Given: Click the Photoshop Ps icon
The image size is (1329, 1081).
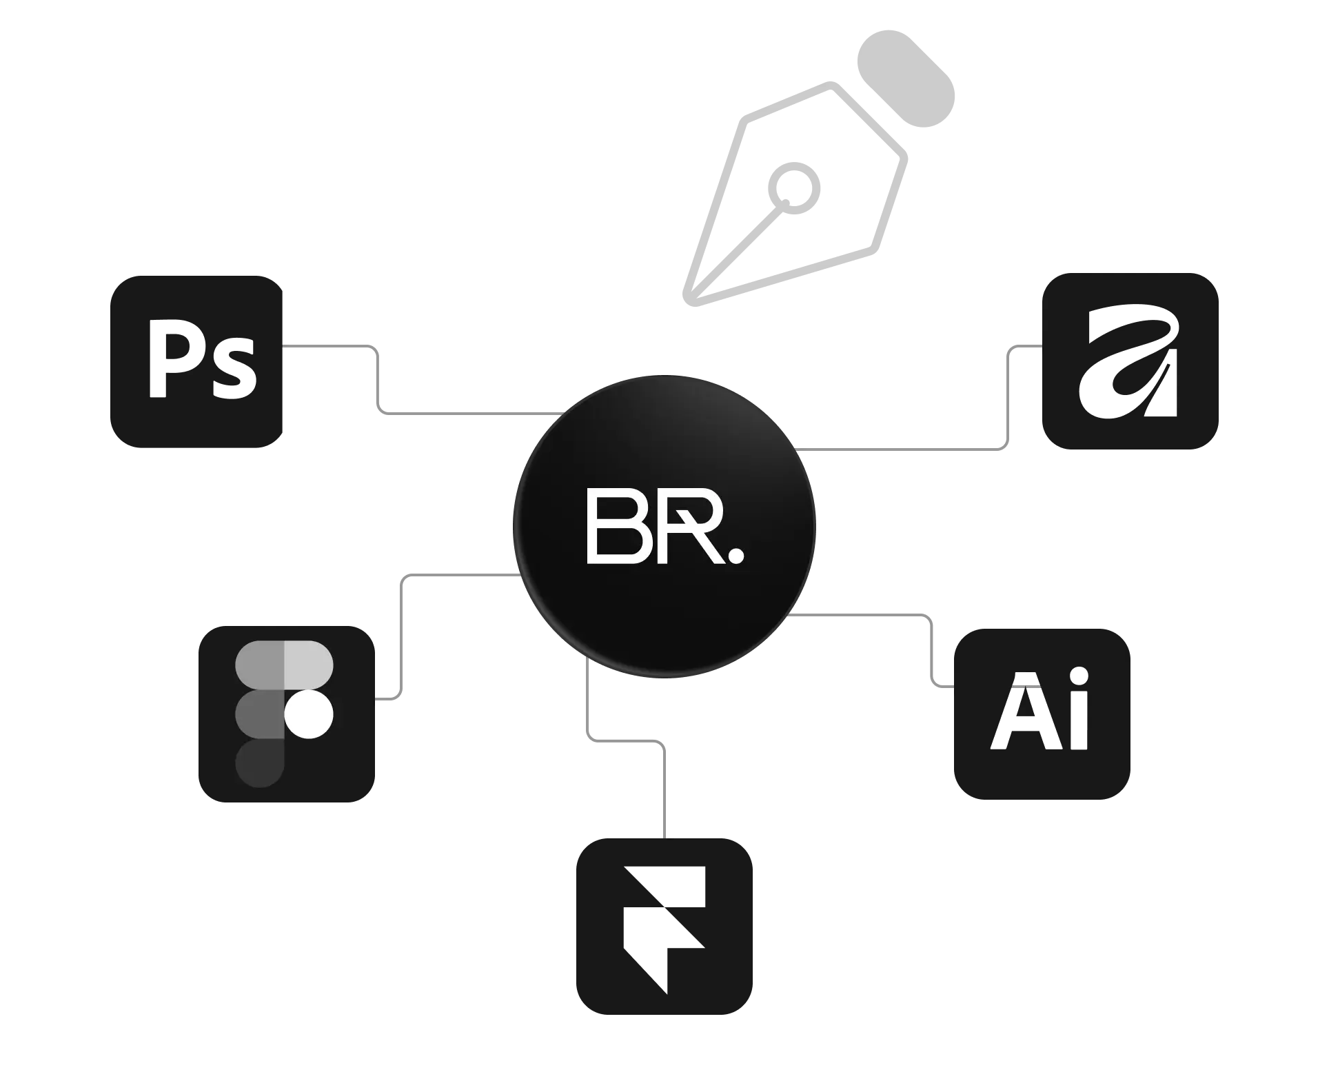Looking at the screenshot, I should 199,364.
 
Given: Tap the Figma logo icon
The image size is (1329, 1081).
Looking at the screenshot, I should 284,714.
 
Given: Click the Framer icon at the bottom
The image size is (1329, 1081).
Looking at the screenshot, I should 664,926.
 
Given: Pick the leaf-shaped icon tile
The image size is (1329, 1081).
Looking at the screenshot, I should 1130,361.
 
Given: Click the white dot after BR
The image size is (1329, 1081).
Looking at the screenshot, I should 735,555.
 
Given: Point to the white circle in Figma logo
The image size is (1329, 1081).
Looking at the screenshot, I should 309,714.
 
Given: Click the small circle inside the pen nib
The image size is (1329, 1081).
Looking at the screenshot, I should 794,185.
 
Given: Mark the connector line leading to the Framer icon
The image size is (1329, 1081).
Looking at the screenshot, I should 664,786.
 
